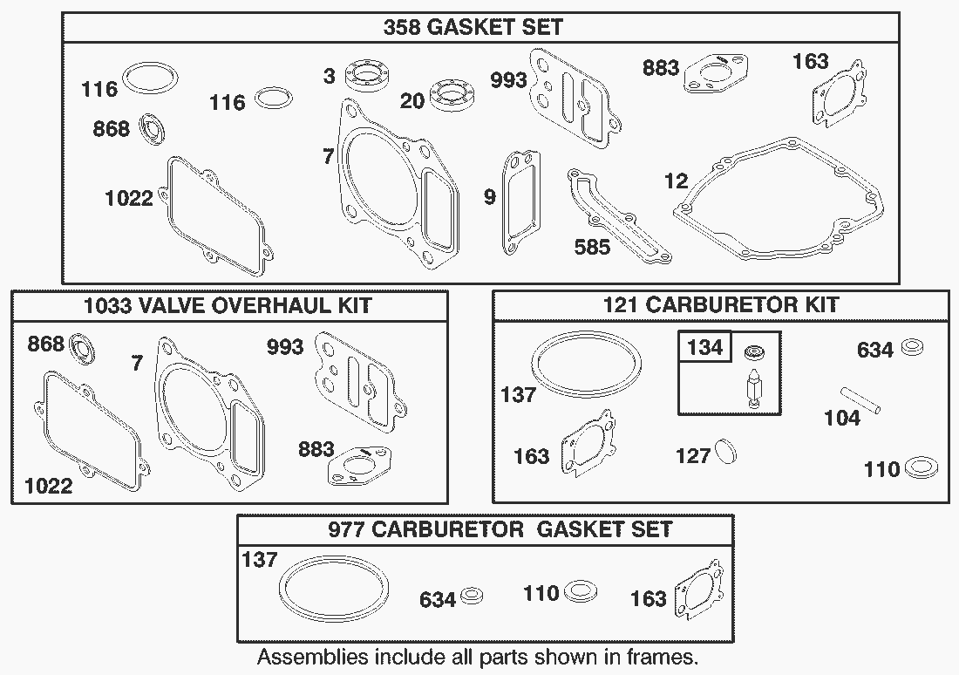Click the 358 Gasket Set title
[473, 27]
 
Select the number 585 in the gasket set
[592, 247]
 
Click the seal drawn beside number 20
[452, 95]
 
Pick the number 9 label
[489, 196]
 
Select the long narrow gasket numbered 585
[619, 215]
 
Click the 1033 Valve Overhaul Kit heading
[228, 305]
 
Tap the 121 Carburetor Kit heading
[721, 304]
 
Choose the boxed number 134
[705, 347]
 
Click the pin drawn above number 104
[860, 400]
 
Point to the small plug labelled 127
[726, 451]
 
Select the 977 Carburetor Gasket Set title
[500, 528]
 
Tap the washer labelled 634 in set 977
[471, 595]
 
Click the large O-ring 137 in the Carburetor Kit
[586, 365]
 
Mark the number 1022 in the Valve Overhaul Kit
[48, 486]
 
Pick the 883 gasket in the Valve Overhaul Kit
[361, 466]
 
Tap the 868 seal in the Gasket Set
[153, 129]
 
